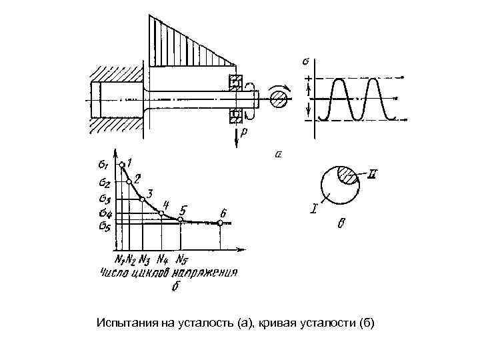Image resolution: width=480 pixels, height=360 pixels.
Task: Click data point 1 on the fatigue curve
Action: click(x=122, y=163)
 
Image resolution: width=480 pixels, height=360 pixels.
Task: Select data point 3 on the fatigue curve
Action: click(x=142, y=199)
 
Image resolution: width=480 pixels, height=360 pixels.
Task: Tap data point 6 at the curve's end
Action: click(x=219, y=223)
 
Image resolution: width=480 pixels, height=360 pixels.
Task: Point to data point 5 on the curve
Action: click(x=180, y=219)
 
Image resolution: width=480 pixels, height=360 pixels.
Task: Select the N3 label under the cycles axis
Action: click(x=143, y=259)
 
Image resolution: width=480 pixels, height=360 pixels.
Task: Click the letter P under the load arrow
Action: click(x=245, y=133)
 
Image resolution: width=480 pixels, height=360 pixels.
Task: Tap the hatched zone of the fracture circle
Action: click(x=348, y=174)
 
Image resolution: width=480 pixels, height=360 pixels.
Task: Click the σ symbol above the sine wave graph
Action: click(x=305, y=63)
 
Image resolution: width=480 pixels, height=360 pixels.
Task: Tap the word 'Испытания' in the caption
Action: click(x=126, y=324)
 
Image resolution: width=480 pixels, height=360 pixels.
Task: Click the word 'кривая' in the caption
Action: click(x=275, y=324)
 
